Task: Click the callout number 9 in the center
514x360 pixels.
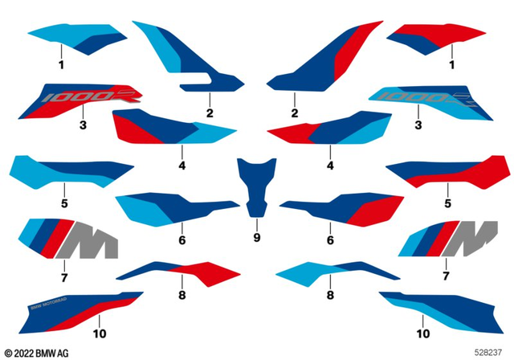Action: pyautogui.click(x=256, y=238)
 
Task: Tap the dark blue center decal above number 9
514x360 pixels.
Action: pyautogui.click(x=256, y=184)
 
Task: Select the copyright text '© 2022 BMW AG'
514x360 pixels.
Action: pyautogui.click(x=36, y=353)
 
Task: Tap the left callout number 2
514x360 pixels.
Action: pyautogui.click(x=210, y=113)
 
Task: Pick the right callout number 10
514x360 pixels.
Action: pyautogui.click(x=422, y=331)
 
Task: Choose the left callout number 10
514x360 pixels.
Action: pyautogui.click(x=100, y=331)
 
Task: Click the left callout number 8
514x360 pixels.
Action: pyautogui.click(x=182, y=297)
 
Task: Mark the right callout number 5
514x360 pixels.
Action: pyautogui.click(x=448, y=205)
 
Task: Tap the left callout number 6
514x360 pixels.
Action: pyautogui.click(x=182, y=239)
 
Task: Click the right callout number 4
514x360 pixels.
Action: pyautogui.click(x=330, y=166)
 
